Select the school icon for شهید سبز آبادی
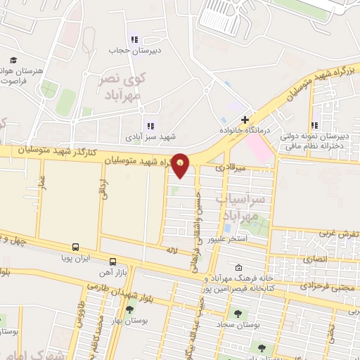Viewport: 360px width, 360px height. click(150, 126)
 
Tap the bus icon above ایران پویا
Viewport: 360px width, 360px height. click(75, 247)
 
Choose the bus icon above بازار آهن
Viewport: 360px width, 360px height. click(113, 261)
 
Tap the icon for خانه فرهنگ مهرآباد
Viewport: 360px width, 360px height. click(238, 267)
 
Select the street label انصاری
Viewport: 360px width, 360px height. click(316, 259)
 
